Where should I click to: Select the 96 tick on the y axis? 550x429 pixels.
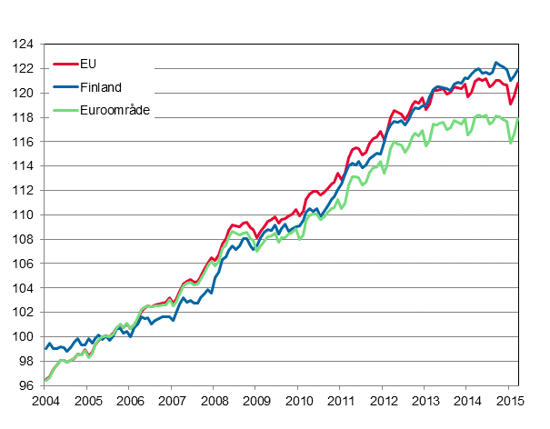[27, 385]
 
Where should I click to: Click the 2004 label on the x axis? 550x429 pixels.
[45, 401]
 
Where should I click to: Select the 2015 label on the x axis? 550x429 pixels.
[509, 401]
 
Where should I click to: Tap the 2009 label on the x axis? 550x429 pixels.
[255, 401]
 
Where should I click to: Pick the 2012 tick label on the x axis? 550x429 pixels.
[383, 401]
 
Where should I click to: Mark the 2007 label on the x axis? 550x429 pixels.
[172, 401]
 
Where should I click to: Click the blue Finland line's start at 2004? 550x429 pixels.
[45, 348]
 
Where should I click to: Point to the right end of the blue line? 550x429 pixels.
[518, 70]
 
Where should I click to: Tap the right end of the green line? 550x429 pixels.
[518, 119]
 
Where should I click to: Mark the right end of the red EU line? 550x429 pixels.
[518, 84]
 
